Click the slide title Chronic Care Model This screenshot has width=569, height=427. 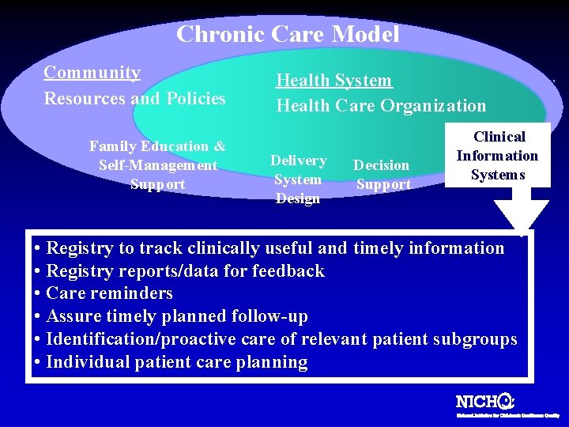[x=288, y=34]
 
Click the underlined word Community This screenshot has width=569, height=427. [x=92, y=73]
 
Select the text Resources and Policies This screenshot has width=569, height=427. [x=134, y=99]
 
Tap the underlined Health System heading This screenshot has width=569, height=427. [x=333, y=81]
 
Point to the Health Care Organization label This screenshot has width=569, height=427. [x=381, y=105]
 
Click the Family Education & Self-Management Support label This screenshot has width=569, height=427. [x=157, y=165]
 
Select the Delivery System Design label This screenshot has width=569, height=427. [x=298, y=179]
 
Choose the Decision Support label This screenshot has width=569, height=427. [x=382, y=175]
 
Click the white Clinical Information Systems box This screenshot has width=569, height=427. [x=497, y=156]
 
